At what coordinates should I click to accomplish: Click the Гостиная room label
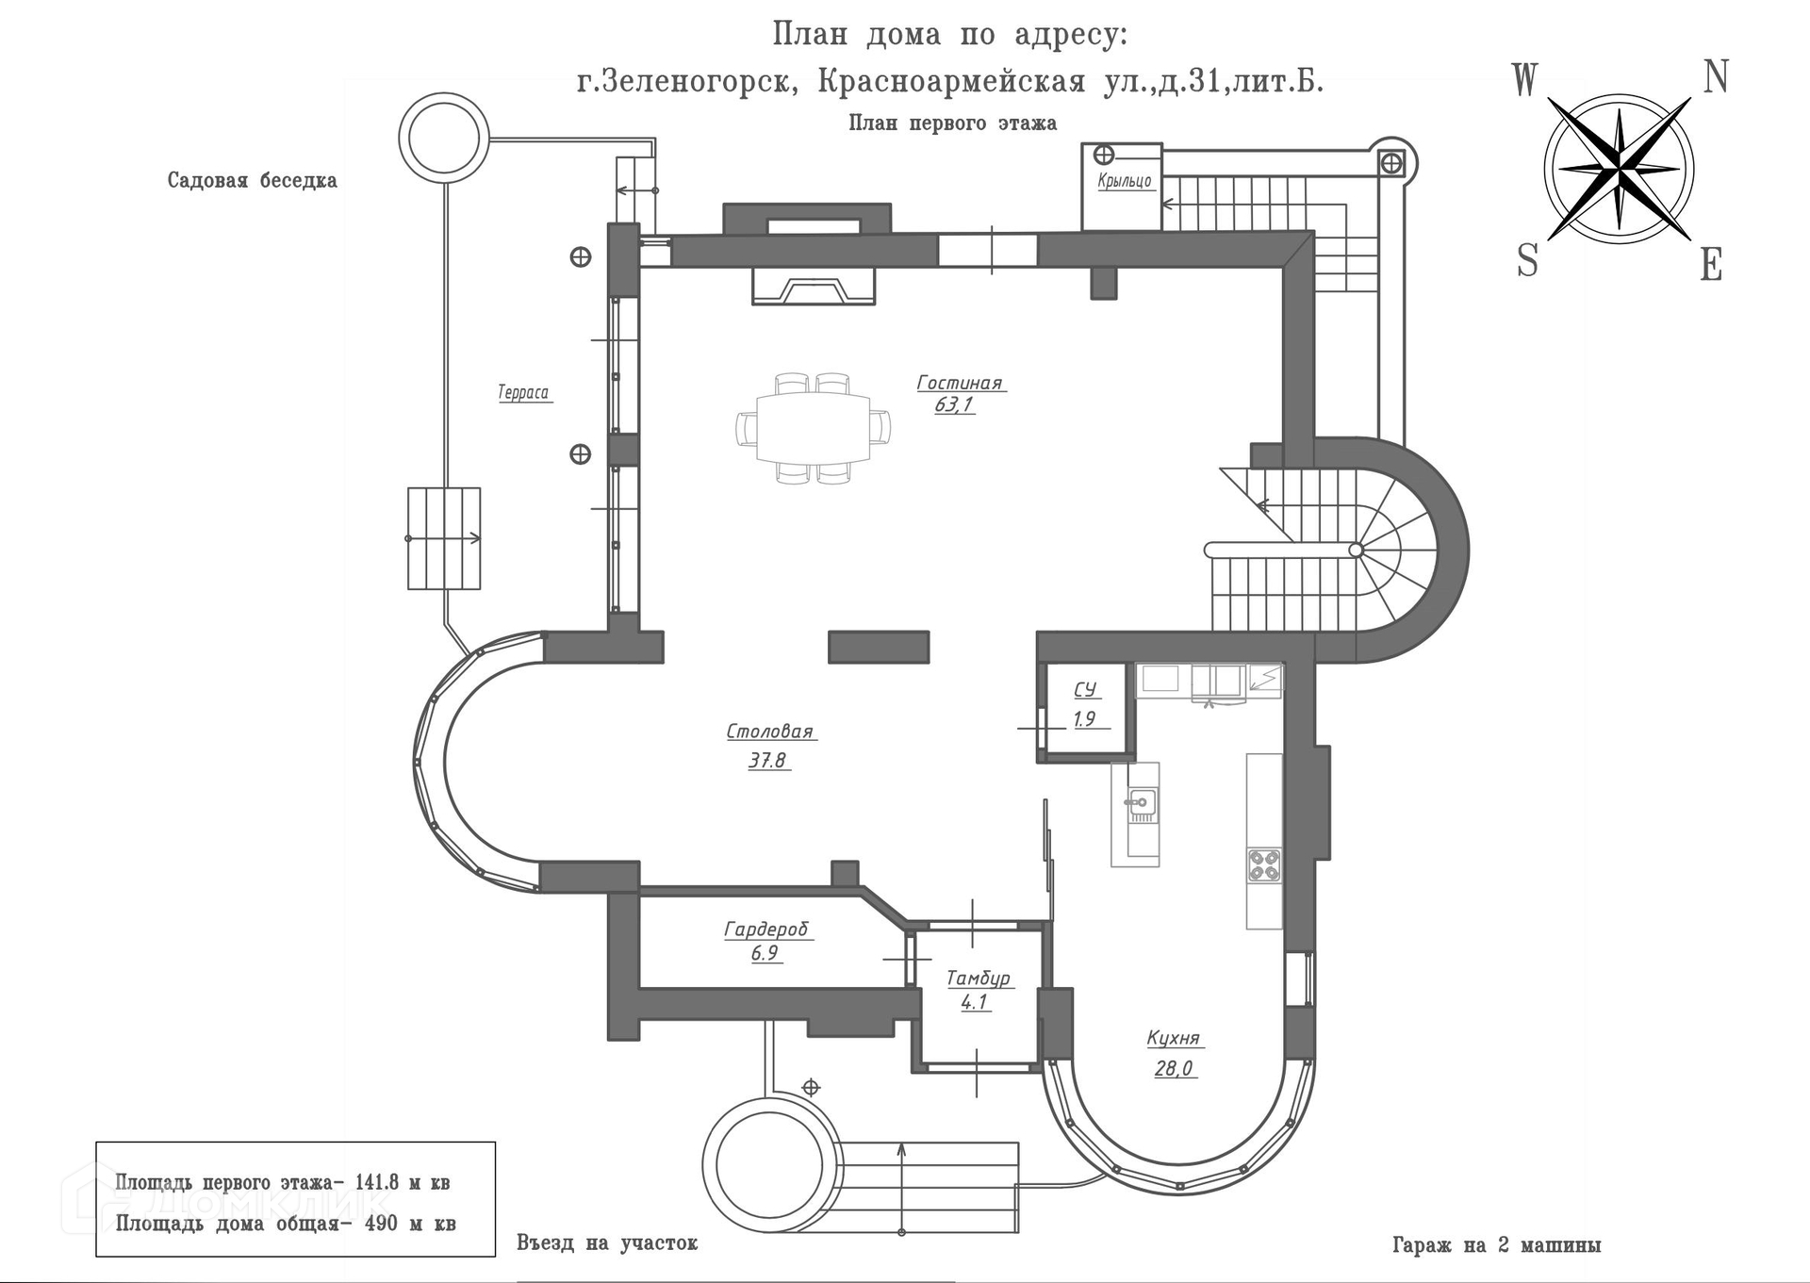959,383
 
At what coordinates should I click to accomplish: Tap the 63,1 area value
954,405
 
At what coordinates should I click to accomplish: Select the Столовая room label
769,732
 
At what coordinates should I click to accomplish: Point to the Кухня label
1173,1038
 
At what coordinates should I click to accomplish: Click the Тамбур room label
978,979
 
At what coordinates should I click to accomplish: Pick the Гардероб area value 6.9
765,953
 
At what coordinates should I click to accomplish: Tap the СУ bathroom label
1085,690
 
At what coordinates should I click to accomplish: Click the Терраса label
523,392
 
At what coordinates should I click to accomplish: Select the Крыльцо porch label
1124,181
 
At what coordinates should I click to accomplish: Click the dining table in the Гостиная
813,427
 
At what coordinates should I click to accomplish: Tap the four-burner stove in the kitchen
1264,865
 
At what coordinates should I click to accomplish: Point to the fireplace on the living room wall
813,286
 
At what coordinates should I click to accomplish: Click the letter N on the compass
1715,77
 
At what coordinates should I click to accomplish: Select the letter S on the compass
1527,260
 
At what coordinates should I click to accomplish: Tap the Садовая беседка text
252,180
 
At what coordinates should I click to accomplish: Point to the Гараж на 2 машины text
1496,1245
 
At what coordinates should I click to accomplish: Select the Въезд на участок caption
607,1242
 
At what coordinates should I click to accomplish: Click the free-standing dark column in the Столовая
879,647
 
